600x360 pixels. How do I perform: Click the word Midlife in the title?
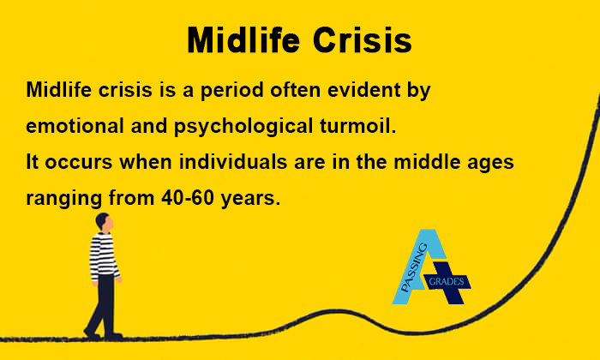coord(242,40)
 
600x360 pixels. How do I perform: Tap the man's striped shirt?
coord(103,255)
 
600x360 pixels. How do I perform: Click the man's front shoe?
coord(114,335)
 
